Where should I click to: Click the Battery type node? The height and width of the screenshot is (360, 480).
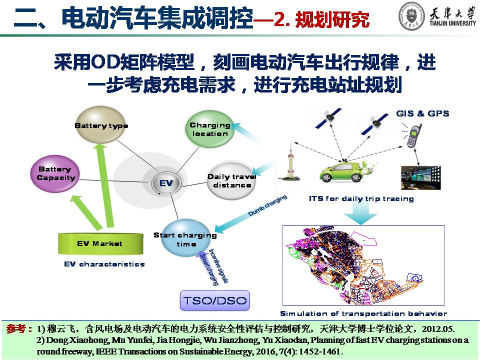(100, 124)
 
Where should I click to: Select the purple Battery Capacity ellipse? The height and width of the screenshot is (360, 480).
(55, 173)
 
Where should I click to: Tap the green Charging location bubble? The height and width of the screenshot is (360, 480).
(210, 129)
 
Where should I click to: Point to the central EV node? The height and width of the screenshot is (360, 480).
(166, 183)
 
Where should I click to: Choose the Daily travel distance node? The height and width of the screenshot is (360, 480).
(231, 180)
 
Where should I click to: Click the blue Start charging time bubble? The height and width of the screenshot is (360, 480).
(186, 238)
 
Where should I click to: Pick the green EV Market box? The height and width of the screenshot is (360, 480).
(100, 243)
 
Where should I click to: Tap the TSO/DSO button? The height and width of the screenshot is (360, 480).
(215, 300)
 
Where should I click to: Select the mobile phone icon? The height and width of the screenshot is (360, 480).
(414, 135)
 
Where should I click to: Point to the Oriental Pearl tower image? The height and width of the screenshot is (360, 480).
(289, 162)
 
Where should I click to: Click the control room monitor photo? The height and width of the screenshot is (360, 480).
(421, 177)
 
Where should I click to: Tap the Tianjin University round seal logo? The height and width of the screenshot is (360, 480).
(411, 16)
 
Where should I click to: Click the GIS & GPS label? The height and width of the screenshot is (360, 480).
(423, 113)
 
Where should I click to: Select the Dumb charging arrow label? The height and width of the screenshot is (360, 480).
(267, 205)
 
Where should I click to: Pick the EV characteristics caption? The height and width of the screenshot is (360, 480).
(104, 264)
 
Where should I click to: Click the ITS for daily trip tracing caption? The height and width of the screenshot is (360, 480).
(361, 198)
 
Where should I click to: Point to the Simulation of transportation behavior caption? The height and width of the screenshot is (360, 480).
(363, 313)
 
